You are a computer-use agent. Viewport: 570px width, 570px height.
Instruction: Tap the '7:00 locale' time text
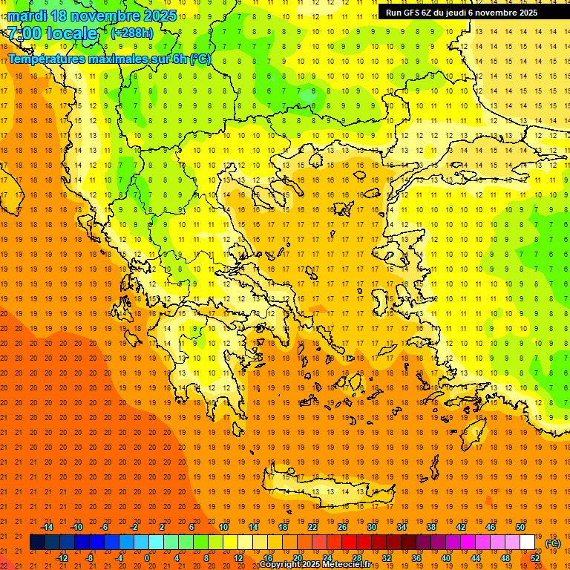(53, 33)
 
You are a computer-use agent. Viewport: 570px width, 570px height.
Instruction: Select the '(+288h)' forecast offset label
(132, 33)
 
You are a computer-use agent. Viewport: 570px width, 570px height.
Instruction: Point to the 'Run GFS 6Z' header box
(467, 12)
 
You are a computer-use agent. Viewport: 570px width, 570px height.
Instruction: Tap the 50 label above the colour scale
(520, 527)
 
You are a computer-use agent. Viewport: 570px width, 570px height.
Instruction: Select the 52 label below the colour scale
(535, 558)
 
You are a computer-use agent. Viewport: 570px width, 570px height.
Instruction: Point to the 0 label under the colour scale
(148, 558)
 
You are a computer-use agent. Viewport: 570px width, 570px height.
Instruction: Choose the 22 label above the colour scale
(312, 527)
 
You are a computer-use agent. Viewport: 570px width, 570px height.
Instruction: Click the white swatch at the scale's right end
(528, 543)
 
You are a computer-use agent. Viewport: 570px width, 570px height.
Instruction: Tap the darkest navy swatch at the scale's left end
(37, 543)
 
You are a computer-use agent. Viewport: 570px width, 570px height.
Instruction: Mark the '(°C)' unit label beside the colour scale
(553, 543)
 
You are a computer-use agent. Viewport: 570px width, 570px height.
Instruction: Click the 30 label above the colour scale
(372, 527)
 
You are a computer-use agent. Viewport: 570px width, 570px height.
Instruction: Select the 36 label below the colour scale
(416, 558)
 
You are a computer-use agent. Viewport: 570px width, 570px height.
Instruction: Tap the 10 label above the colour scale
(223, 527)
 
